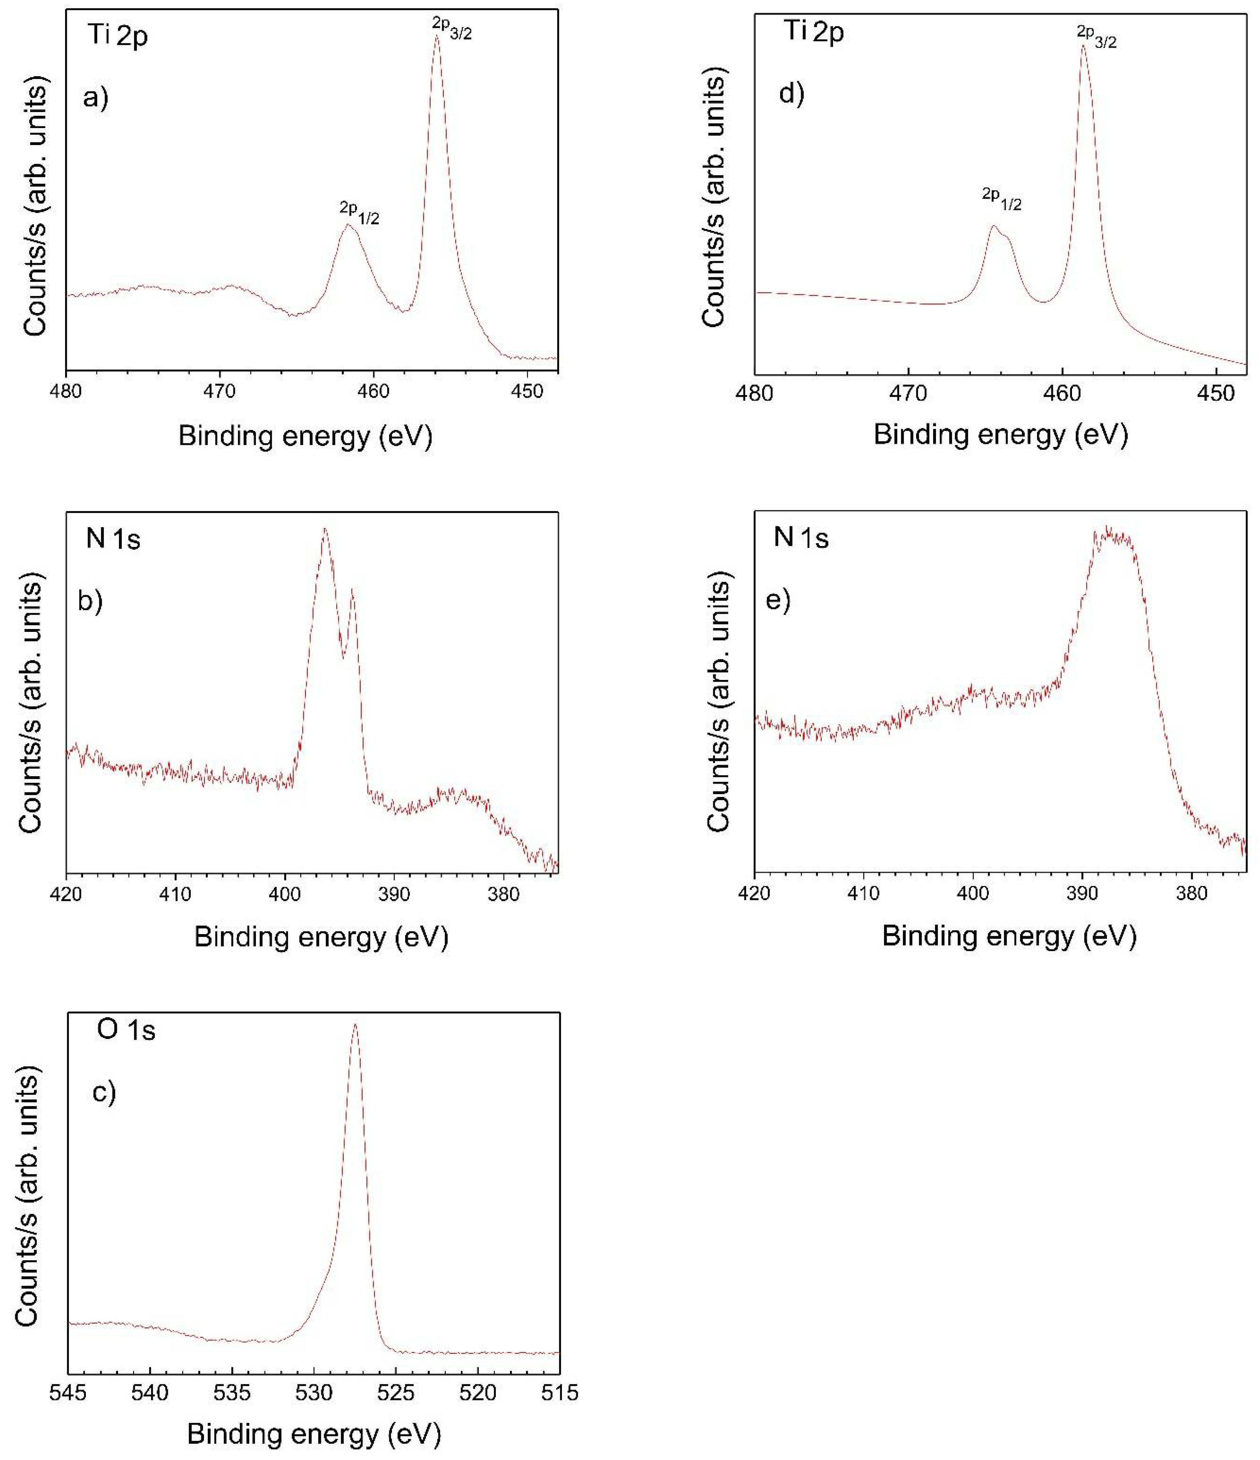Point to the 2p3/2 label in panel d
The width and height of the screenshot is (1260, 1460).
pos(1097,37)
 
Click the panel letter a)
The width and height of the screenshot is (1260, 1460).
pos(96,97)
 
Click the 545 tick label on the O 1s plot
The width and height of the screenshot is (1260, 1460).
pos(68,1393)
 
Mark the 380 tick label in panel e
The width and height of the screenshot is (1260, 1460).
pos(1192,894)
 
